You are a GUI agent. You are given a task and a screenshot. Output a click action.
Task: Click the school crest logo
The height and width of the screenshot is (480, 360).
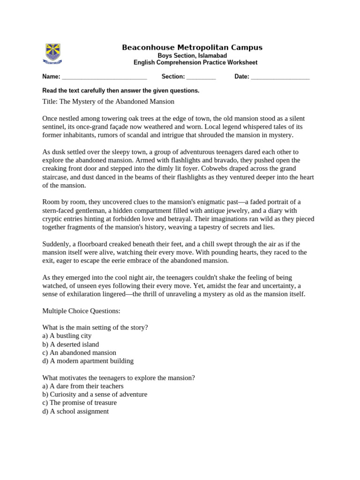point(52,53)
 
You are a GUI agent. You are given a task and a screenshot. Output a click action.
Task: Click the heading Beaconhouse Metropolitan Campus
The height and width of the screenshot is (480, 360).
point(192,47)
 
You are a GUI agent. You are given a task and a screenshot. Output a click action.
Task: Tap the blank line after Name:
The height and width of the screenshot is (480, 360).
point(105,77)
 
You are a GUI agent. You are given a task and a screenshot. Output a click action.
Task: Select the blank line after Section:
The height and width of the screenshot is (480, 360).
point(201,77)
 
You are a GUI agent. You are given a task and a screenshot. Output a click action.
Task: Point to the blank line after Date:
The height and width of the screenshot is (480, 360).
point(280,77)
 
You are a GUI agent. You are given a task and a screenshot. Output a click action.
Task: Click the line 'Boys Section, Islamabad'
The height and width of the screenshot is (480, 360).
point(192,55)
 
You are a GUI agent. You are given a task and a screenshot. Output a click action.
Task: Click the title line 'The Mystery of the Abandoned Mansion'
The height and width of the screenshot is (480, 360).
point(108,101)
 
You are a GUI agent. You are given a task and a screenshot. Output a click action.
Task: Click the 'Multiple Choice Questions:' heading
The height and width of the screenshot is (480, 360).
point(82,311)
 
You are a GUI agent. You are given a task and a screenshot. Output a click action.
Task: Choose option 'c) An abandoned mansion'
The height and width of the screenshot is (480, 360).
point(79,352)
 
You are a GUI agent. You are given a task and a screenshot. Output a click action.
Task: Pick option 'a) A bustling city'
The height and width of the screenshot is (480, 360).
point(67,336)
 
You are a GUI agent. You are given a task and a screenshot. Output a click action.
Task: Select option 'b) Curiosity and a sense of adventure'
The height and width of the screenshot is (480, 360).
point(95,394)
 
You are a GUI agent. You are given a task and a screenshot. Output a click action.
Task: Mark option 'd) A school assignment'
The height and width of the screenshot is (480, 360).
point(75,411)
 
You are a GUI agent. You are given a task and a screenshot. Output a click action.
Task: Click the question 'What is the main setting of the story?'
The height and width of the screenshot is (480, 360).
point(95,327)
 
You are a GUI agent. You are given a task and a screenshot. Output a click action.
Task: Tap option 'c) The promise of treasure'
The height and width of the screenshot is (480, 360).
point(80,403)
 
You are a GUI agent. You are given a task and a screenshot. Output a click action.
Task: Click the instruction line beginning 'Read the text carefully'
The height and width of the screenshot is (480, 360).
point(121,90)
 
